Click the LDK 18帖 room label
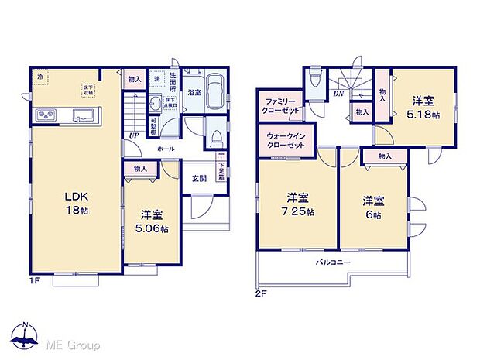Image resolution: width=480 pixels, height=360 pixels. click(75, 203)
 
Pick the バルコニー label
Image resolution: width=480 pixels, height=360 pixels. click(332, 263)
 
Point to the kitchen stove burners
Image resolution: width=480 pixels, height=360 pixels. click(46, 115)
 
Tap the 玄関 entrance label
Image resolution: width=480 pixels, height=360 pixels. click(199, 178)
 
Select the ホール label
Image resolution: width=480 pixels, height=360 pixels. click(165, 148)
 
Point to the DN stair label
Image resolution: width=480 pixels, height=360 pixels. click(338, 94)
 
